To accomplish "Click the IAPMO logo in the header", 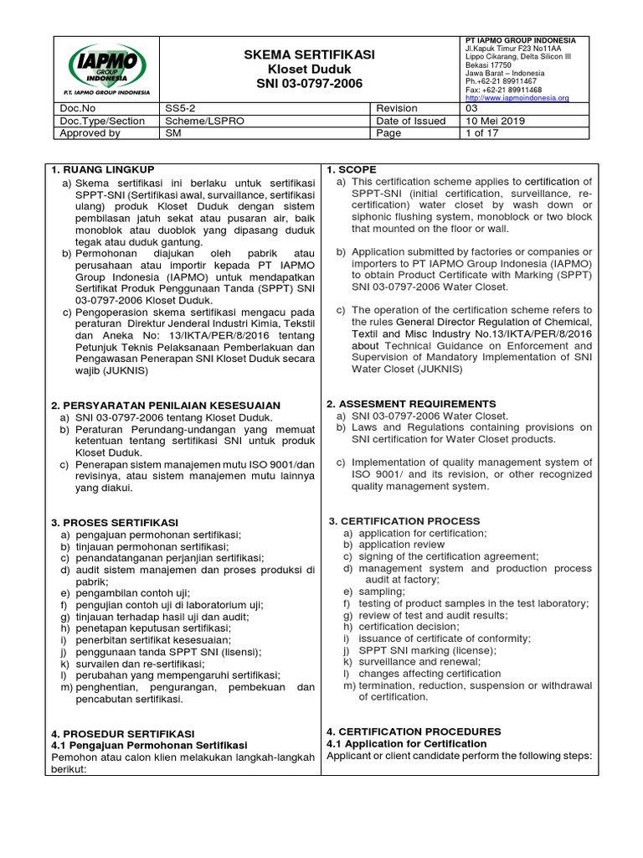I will (x=106, y=70).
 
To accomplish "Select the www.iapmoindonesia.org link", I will (x=517, y=98).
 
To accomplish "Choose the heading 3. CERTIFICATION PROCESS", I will (x=404, y=521).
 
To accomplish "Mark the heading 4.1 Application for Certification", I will (x=406, y=743).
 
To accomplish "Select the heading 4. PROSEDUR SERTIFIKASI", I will (x=122, y=733).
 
